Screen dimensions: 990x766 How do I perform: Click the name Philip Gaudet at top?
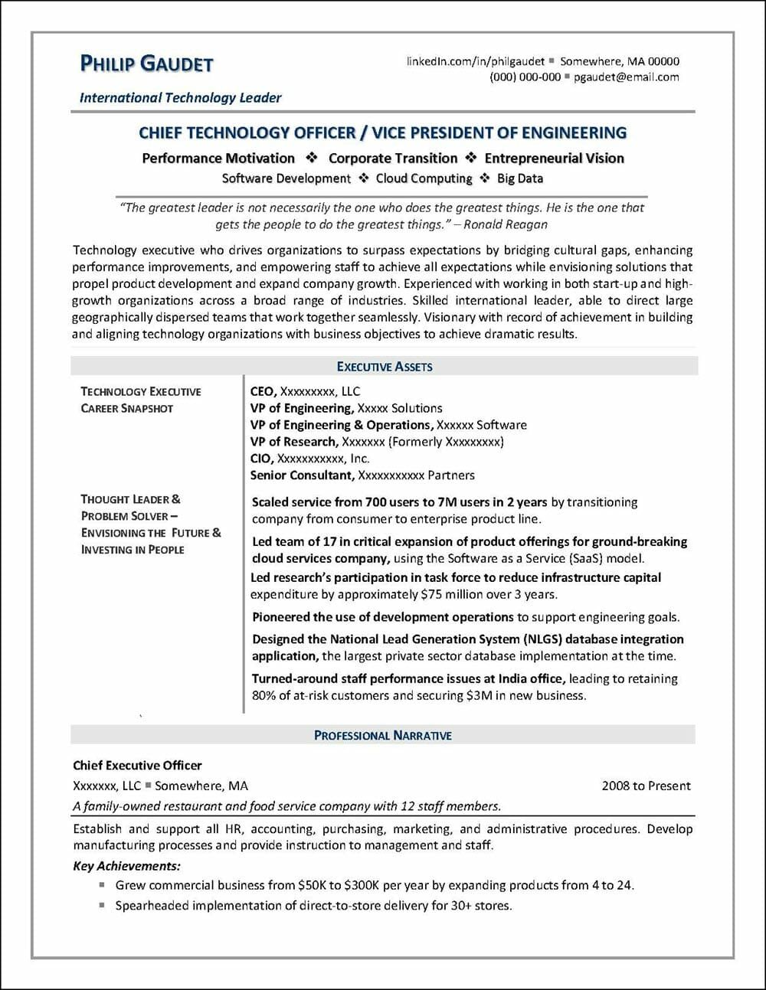[x=146, y=64]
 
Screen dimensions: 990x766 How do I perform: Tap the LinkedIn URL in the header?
[x=475, y=61]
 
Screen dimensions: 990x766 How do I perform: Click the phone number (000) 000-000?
[x=525, y=77]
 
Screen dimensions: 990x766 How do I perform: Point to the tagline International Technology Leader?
[x=181, y=98]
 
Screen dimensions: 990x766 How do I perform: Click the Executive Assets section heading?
[x=385, y=367]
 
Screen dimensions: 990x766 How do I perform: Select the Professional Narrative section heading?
[x=383, y=735]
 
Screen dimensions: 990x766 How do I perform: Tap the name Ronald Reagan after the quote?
[x=506, y=224]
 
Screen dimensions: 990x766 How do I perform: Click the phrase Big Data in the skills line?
[x=520, y=178]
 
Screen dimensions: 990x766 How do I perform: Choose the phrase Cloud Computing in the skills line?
[x=424, y=178]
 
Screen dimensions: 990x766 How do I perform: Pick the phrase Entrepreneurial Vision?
[x=554, y=158]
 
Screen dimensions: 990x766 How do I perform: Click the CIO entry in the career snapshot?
[x=260, y=459]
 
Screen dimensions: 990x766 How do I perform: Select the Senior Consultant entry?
[x=302, y=475]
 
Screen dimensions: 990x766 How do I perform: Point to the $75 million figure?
[x=454, y=594]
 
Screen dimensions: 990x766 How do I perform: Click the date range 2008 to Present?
[x=646, y=786]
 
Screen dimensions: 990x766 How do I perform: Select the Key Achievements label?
[x=126, y=866]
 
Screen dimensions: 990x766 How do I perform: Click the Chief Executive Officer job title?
[x=137, y=765]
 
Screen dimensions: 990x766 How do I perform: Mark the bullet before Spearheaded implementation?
[x=102, y=905]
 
